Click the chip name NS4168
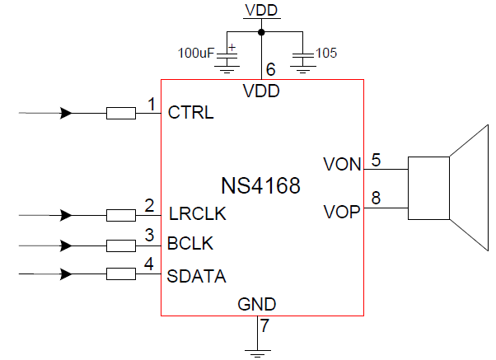(x=260, y=185)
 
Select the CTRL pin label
(x=190, y=113)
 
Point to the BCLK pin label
(x=190, y=245)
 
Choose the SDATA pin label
(x=197, y=276)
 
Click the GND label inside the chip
(x=257, y=304)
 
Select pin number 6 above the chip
(x=270, y=69)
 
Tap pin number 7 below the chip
(x=265, y=325)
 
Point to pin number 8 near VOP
(x=376, y=198)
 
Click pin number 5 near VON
(x=376, y=160)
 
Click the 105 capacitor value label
(x=327, y=54)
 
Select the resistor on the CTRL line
(x=121, y=114)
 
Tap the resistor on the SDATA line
(x=121, y=276)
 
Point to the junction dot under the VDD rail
(x=262, y=33)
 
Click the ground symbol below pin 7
(x=257, y=352)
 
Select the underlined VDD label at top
(x=262, y=11)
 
